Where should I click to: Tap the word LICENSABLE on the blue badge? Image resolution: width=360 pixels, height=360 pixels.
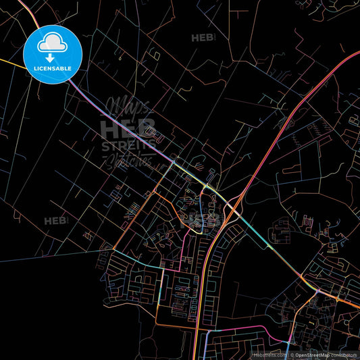pyautogui.click(x=53, y=68)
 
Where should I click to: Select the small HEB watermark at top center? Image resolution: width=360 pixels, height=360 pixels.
pyautogui.click(x=202, y=38)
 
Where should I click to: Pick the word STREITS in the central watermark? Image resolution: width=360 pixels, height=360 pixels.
pyautogui.click(x=128, y=145)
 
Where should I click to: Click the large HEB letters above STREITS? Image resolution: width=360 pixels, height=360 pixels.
pyautogui.click(x=128, y=127)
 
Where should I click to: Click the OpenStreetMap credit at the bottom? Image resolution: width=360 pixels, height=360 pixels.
pyautogui.click(x=311, y=355)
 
